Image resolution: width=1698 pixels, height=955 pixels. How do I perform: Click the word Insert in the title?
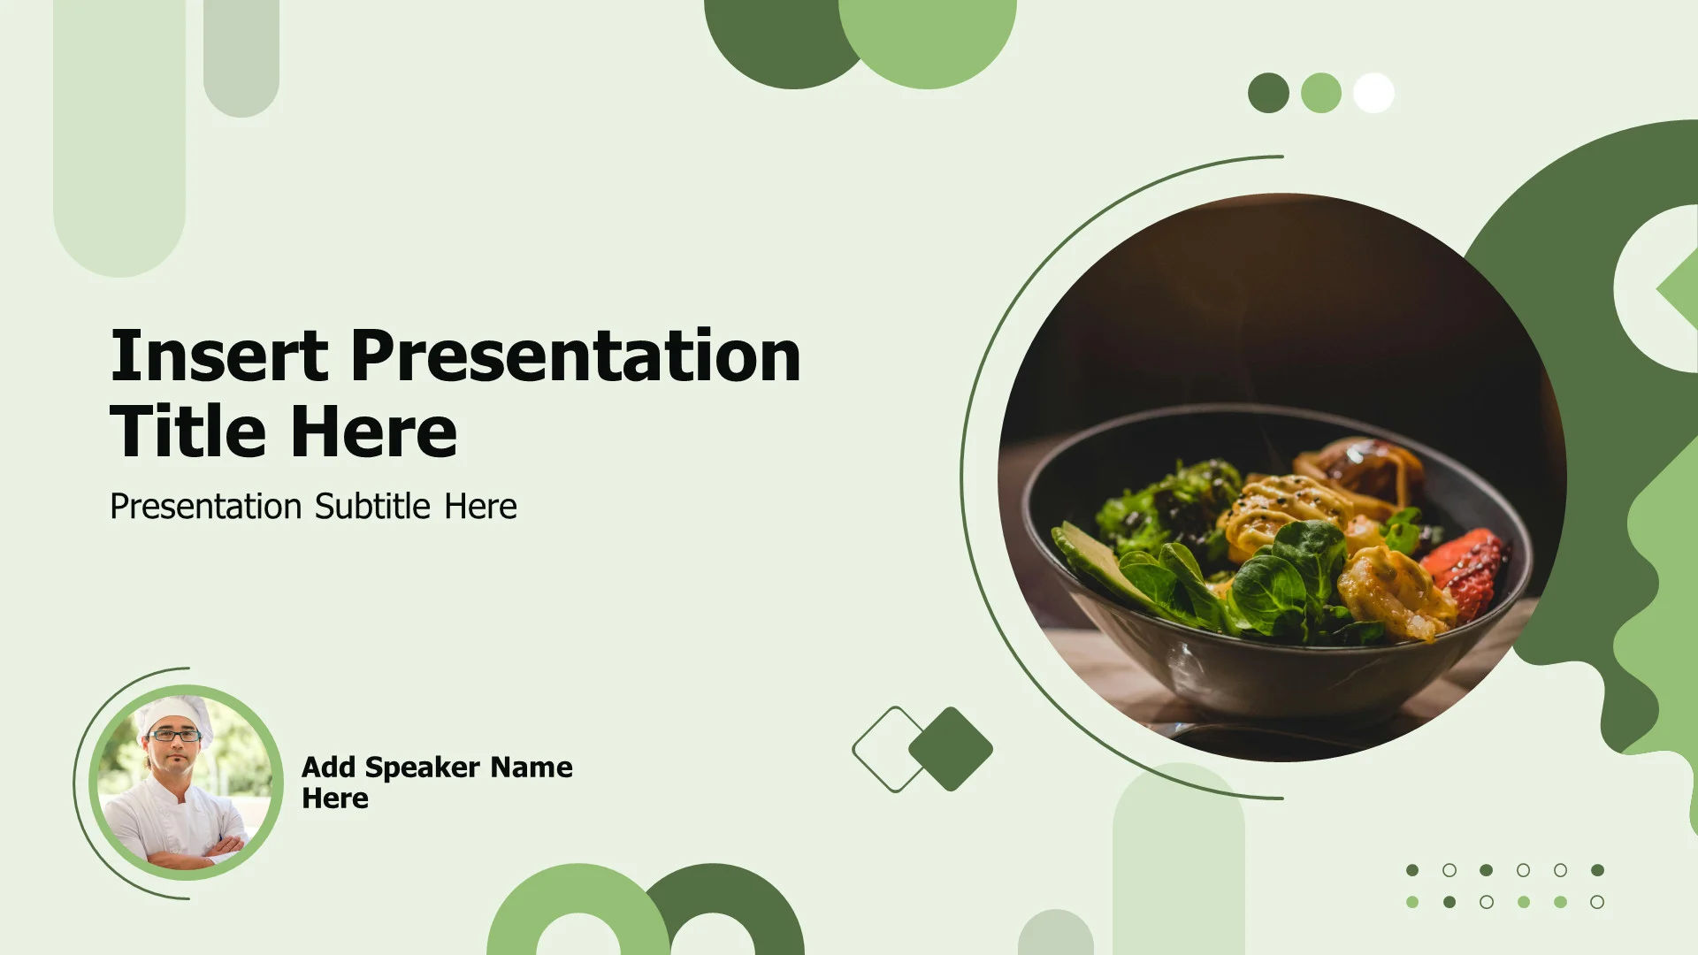coord(219,355)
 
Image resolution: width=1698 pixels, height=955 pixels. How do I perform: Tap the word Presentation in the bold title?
coord(576,355)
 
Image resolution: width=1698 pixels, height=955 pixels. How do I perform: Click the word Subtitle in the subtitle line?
coord(372,506)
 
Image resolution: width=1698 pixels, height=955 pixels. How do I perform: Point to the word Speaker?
coord(422,768)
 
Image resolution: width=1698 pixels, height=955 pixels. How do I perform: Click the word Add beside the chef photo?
coord(328,767)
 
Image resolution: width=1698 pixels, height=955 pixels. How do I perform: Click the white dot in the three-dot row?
coord(1373,93)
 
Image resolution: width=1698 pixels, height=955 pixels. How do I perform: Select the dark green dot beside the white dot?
coord(1268,93)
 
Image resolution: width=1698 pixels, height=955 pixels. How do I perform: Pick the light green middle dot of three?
coord(1321,93)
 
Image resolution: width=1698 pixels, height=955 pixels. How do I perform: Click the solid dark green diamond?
coord(951,749)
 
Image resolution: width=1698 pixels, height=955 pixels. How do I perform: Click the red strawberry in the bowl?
coord(1465,570)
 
